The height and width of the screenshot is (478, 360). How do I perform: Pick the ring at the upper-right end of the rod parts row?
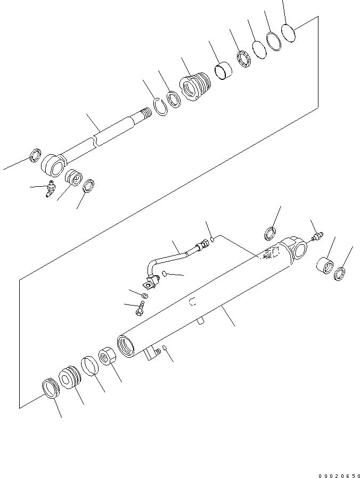click(289, 33)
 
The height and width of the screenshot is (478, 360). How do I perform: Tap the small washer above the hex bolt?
click(145, 295)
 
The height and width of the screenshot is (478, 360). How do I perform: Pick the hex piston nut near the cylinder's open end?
click(109, 356)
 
